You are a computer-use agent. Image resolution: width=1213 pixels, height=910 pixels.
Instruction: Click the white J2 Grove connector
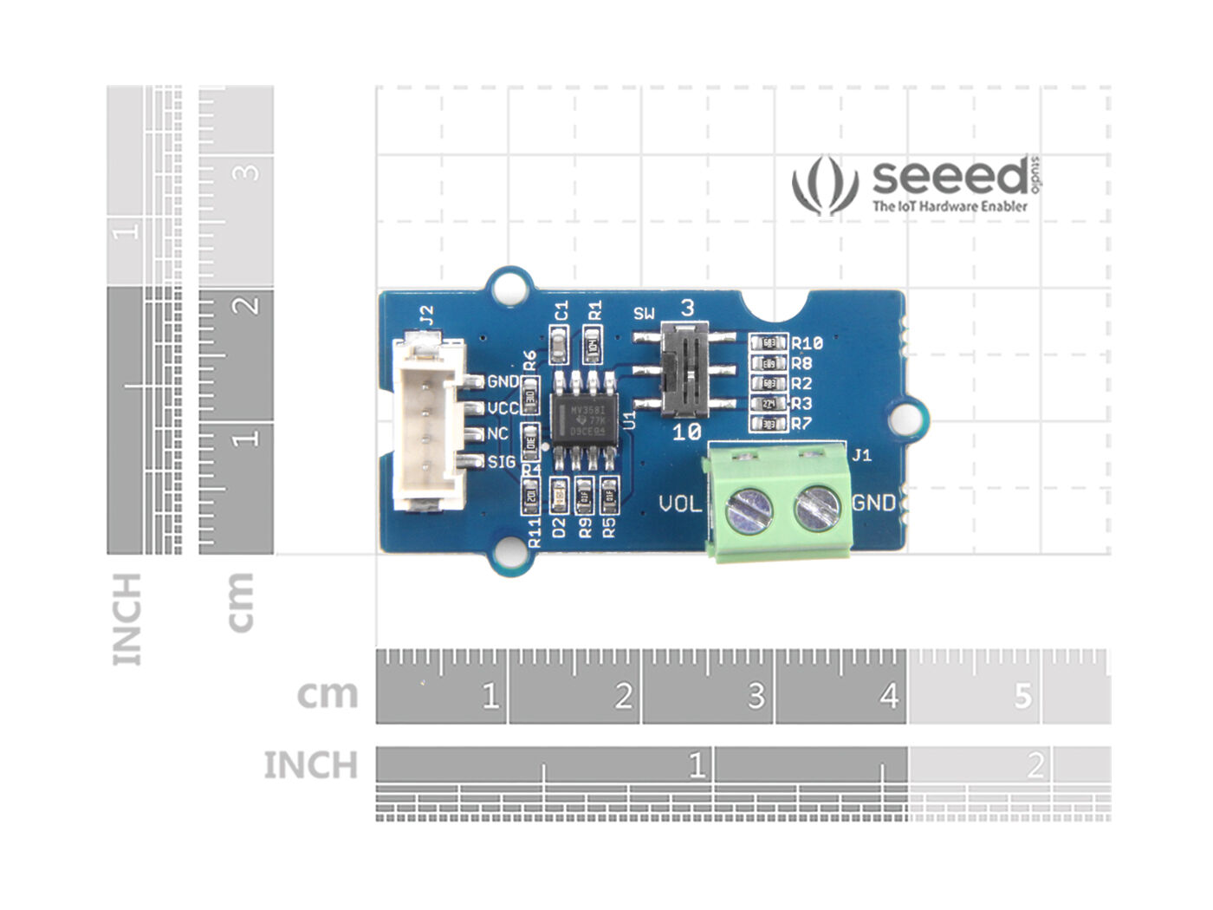(426, 425)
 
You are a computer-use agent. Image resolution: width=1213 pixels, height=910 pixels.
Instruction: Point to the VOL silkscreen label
(680, 504)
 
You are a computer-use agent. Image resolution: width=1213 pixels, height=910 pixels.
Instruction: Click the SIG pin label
(501, 462)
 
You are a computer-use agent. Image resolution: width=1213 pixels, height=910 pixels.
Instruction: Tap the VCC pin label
(503, 408)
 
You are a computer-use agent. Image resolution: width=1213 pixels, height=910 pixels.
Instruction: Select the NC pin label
(497, 434)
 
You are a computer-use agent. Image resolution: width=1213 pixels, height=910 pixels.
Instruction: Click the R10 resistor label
(806, 343)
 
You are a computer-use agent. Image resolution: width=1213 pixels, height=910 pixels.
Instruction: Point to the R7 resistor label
(801, 425)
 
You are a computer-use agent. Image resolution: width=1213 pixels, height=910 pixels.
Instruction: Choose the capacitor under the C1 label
(560, 349)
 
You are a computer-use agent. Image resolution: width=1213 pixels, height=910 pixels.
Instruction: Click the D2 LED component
(560, 496)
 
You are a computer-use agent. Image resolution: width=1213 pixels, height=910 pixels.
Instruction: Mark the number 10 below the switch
(686, 432)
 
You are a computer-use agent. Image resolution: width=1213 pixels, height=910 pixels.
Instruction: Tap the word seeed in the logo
(949, 178)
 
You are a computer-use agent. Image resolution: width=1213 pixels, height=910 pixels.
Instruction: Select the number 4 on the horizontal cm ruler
(889, 696)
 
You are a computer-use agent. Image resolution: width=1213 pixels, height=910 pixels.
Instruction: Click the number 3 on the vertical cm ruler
(248, 171)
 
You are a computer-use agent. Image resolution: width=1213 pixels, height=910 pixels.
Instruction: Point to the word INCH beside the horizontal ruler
(310, 766)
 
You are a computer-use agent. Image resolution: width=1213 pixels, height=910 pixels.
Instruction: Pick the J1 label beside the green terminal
(862, 455)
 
